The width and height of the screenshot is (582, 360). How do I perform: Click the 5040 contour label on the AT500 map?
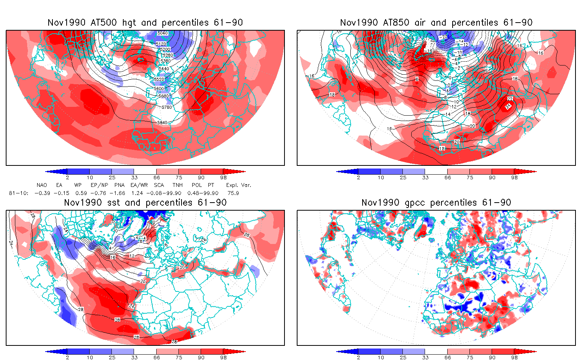point(162,33)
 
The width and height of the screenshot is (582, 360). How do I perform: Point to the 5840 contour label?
point(162,123)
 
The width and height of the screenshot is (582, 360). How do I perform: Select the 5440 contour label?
point(164,69)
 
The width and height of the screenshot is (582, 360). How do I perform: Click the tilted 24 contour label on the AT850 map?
point(508,106)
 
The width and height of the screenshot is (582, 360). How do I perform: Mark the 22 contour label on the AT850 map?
point(510,99)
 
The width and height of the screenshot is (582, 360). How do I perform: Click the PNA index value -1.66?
point(120,193)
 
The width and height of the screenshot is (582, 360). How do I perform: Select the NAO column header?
point(42,185)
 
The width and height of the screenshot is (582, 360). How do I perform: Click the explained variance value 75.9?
point(233,193)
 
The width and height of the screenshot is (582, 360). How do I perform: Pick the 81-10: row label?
point(18,193)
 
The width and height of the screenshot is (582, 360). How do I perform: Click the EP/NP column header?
point(99,185)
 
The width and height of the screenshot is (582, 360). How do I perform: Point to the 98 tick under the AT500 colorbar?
point(224,177)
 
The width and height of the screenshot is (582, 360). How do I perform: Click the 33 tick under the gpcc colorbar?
point(425,357)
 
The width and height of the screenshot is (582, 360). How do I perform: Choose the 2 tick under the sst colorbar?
point(67,357)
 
